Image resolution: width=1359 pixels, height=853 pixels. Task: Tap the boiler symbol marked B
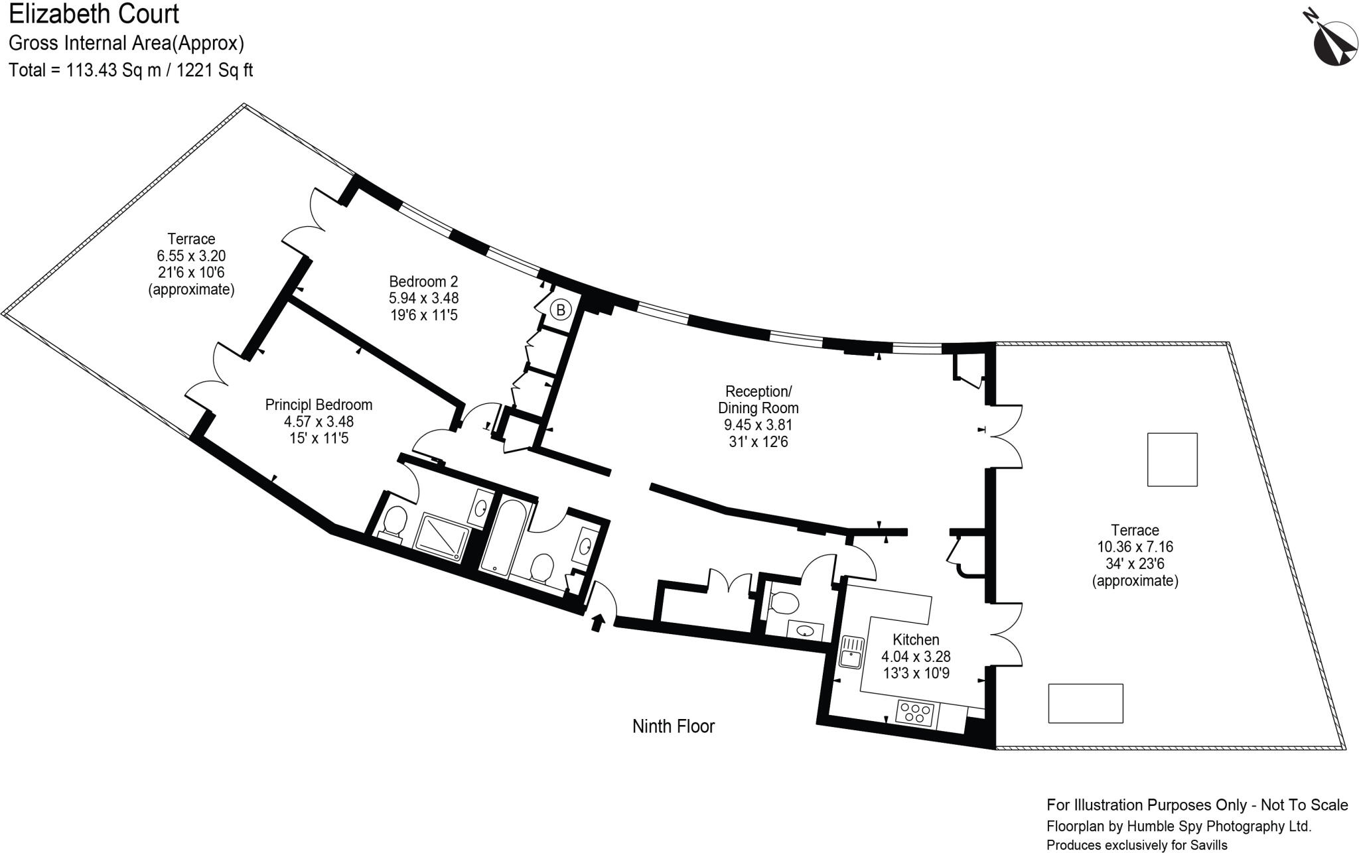561,310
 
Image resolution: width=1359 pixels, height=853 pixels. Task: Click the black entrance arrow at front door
598,623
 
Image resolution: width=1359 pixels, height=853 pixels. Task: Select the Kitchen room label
916,639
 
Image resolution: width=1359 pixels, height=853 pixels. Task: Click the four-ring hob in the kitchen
916,713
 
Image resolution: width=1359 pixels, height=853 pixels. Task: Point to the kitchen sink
850,651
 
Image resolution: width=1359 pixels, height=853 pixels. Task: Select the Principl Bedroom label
319,405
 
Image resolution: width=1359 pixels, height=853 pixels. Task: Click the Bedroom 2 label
423,281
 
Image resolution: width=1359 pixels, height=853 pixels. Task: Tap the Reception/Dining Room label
758,399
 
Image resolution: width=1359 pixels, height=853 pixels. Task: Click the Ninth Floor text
673,726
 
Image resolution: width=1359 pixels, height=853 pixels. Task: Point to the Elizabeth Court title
94,13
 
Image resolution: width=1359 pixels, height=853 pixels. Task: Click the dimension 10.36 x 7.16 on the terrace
1135,547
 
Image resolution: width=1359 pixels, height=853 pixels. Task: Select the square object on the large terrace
1173,460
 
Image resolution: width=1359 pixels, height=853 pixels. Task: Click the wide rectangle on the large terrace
1086,703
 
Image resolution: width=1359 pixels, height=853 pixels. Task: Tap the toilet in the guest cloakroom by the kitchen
784,602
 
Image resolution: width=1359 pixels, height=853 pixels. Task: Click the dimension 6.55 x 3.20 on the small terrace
191,255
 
